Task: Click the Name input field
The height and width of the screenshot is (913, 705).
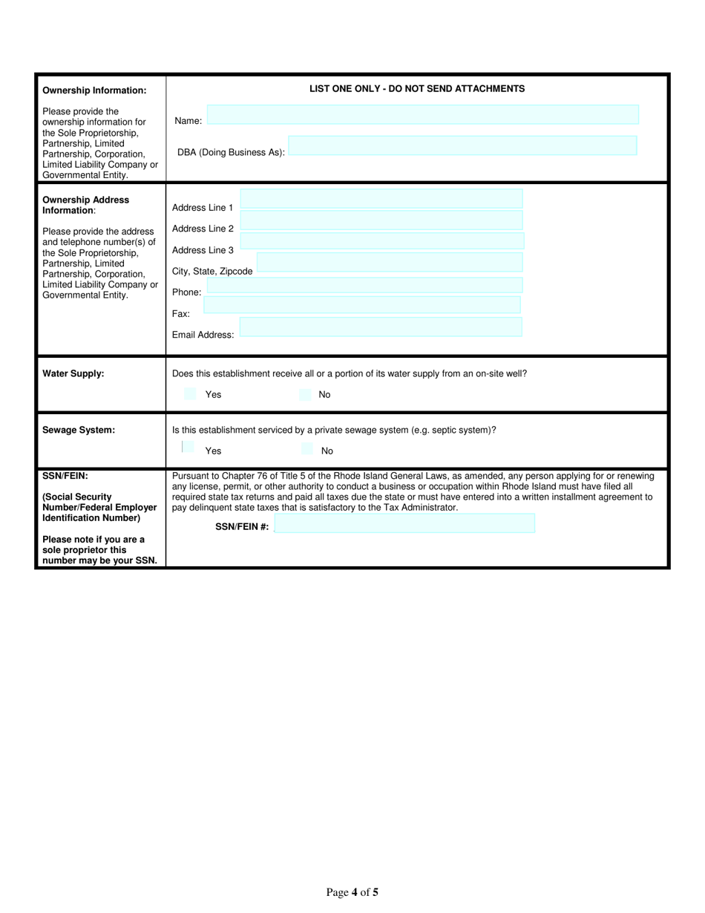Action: pyautogui.click(x=422, y=114)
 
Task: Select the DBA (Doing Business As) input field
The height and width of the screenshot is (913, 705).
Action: pyautogui.click(x=462, y=145)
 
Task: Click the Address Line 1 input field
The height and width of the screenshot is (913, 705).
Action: pyautogui.click(x=381, y=199)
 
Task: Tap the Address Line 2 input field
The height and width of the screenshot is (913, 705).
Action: pyautogui.click(x=381, y=220)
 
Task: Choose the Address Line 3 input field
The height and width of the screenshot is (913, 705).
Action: pyautogui.click(x=381, y=241)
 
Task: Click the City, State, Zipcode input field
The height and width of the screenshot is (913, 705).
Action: pyautogui.click(x=389, y=263)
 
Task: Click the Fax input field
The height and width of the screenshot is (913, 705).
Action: pyautogui.click(x=362, y=305)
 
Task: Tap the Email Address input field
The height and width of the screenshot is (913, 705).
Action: pyautogui.click(x=381, y=327)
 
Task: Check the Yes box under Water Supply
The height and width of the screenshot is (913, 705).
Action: pyautogui.click(x=190, y=394)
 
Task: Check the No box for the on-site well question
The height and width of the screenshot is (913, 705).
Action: pyautogui.click(x=305, y=394)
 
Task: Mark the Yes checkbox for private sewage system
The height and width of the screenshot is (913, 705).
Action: pyautogui.click(x=188, y=448)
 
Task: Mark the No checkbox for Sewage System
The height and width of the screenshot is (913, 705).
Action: pyautogui.click(x=307, y=448)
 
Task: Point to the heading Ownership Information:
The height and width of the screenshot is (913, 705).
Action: pyautogui.click(x=94, y=91)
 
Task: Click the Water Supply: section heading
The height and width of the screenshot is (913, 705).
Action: pyautogui.click(x=73, y=374)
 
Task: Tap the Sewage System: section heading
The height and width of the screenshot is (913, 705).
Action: pyautogui.click(x=79, y=430)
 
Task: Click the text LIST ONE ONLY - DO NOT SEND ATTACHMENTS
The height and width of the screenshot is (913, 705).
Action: pyautogui.click(x=417, y=89)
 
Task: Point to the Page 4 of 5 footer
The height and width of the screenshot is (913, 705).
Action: pyautogui.click(x=352, y=893)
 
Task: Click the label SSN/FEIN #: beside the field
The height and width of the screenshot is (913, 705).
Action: pyautogui.click(x=242, y=527)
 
